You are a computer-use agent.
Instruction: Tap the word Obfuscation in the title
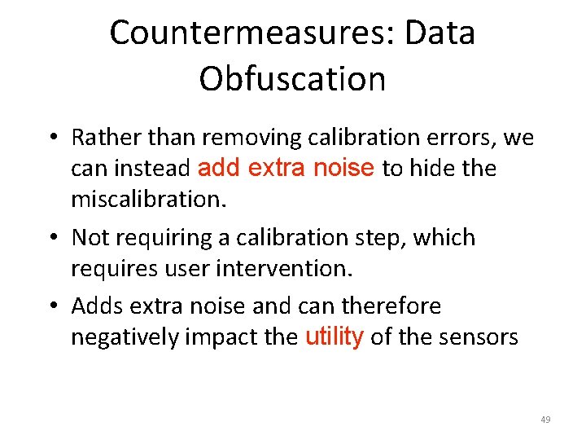point(292,79)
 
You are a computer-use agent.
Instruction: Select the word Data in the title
point(444,33)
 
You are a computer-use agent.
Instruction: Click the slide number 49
point(545,420)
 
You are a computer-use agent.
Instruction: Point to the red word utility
point(334,337)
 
